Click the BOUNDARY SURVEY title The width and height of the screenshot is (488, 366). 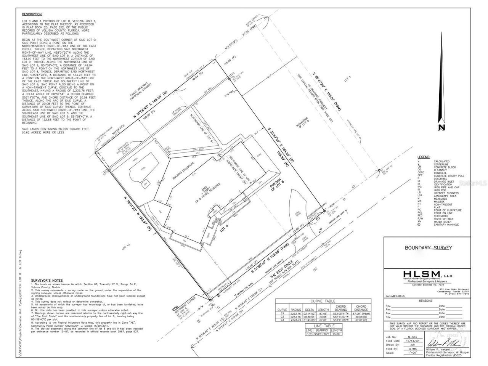click(x=429, y=248)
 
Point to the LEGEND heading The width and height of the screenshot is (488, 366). click(x=424, y=157)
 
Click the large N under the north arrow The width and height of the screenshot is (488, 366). click(x=441, y=128)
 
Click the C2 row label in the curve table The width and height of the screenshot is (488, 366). click(x=282, y=317)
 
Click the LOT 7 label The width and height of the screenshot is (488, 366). click(x=347, y=80)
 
